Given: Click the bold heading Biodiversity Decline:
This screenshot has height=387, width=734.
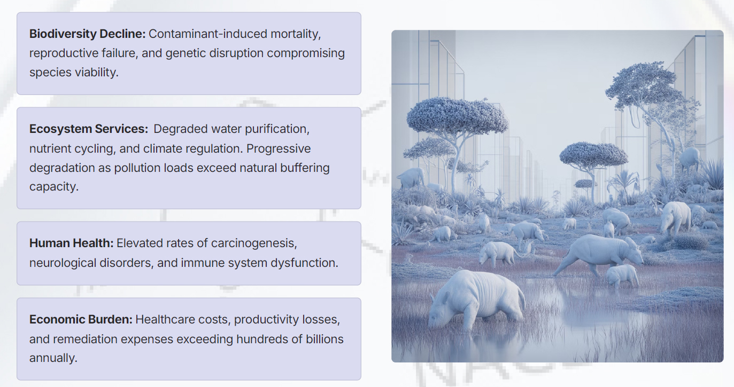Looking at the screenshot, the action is pos(88,34).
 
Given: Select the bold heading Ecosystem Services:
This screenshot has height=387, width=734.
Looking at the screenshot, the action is pos(89,129).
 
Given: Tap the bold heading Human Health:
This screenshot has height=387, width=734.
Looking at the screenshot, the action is pos(72,243).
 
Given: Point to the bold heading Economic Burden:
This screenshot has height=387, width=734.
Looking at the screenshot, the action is pos(81,319).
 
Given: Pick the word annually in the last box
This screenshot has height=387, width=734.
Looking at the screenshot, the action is pos(53,358).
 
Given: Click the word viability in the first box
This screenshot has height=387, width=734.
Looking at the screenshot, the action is pos(96,72).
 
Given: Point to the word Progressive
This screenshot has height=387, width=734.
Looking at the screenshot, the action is pos(279,149).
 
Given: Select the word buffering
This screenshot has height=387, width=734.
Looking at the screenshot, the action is pos(305,168).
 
